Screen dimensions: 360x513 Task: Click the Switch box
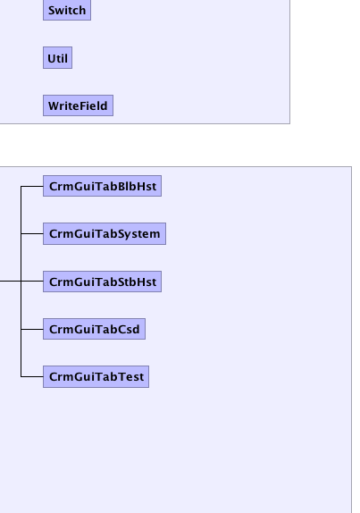click(67, 10)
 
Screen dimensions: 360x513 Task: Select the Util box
click(57, 58)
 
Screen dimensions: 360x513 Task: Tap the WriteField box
click(78, 105)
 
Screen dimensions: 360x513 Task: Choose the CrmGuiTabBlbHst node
click(103, 186)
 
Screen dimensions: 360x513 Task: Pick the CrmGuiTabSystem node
click(105, 233)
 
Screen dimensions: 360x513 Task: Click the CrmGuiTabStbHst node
click(103, 282)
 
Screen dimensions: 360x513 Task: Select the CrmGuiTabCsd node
click(94, 329)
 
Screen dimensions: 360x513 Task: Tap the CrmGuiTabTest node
click(96, 376)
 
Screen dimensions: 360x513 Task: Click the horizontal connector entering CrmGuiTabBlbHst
click(32, 187)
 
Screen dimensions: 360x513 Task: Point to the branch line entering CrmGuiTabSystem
click(32, 233)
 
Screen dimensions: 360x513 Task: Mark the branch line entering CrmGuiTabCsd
click(32, 329)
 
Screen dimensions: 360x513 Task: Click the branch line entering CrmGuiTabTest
click(32, 376)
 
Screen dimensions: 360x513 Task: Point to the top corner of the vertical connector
click(21, 187)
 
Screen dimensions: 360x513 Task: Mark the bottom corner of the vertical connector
click(21, 376)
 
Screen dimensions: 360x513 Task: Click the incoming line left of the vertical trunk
click(11, 281)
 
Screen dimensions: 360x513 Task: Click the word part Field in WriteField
click(93, 105)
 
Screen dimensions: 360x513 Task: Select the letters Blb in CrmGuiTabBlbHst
click(123, 186)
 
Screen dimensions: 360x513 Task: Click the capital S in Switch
click(51, 10)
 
